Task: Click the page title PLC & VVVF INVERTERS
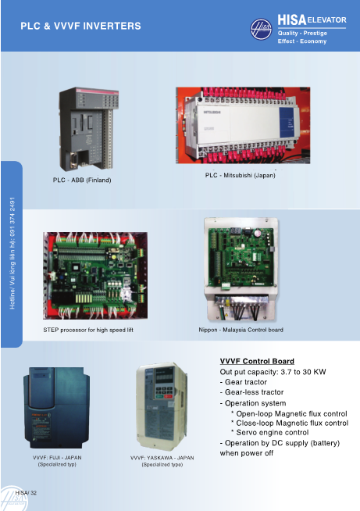[80, 26]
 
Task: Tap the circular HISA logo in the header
[261, 29]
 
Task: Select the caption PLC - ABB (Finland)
[82, 180]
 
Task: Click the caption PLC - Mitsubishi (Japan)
[240, 175]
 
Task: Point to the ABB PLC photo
[89, 129]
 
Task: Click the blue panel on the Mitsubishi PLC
[287, 123]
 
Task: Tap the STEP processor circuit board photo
[95, 275]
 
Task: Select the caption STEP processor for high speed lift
[88, 330]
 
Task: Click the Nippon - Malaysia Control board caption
[241, 330]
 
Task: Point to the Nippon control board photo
[241, 270]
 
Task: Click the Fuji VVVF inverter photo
[56, 407]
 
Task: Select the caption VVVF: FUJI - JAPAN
[57, 458]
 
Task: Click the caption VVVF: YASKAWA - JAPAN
[162, 458]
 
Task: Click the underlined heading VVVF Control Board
[257, 361]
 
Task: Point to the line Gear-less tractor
[251, 392]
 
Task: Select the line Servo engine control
[270, 432]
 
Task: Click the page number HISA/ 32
[26, 493]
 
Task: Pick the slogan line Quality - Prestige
[302, 34]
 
